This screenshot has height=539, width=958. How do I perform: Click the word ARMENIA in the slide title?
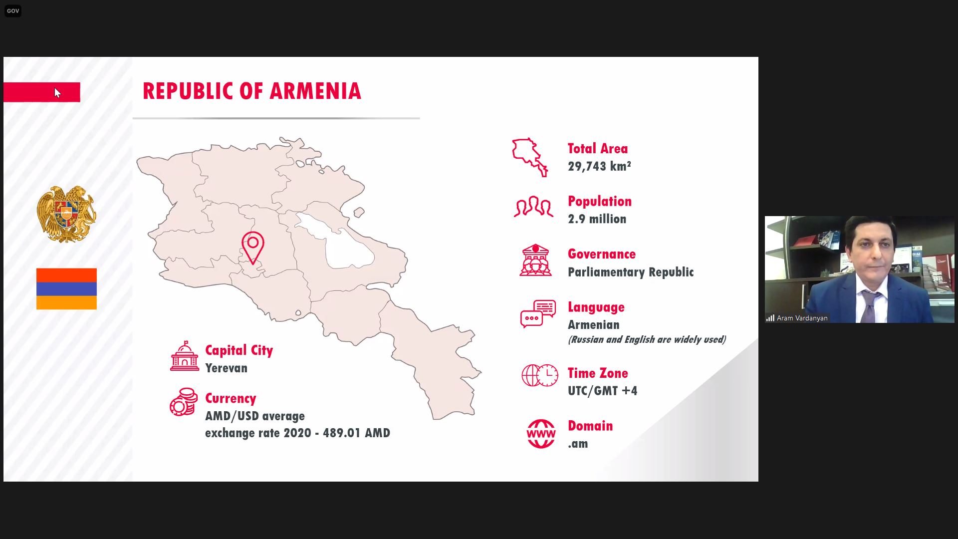click(315, 91)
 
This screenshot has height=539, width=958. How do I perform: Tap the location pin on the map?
click(253, 247)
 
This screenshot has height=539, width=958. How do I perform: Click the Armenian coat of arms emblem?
click(66, 215)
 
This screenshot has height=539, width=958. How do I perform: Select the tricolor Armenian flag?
click(66, 289)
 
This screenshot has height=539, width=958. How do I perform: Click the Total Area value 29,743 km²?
click(599, 166)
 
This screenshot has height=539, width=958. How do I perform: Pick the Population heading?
click(600, 201)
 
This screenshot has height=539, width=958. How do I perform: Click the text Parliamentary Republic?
click(631, 272)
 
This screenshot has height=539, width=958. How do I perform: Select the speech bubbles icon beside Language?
click(538, 313)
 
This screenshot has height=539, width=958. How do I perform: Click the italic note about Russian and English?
click(647, 340)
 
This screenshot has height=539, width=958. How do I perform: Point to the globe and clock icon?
click(540, 375)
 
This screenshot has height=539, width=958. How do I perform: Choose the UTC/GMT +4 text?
click(603, 391)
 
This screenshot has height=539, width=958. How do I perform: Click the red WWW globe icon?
click(541, 434)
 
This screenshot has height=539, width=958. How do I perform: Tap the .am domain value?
click(578, 444)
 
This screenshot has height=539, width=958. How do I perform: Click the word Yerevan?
click(227, 368)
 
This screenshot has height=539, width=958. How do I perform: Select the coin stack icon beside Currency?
click(184, 402)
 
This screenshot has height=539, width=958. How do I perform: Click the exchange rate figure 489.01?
click(342, 433)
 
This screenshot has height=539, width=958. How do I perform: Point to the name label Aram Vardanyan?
click(802, 318)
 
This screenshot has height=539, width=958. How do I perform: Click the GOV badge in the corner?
click(13, 11)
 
